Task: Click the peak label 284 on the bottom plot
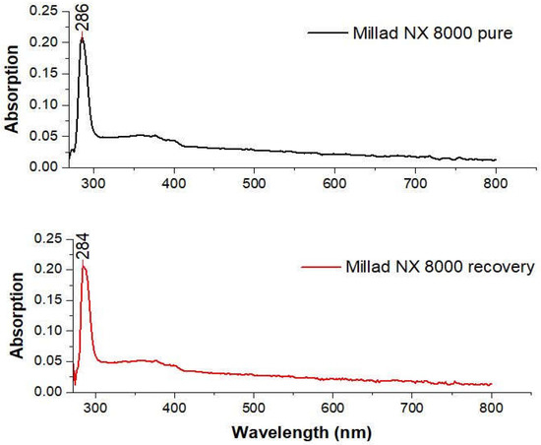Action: [x=84, y=247]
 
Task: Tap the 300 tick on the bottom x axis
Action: [x=94, y=406]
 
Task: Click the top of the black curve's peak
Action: [x=83, y=38]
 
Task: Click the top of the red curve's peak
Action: [x=84, y=266]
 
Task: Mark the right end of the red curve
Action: [x=490, y=384]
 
